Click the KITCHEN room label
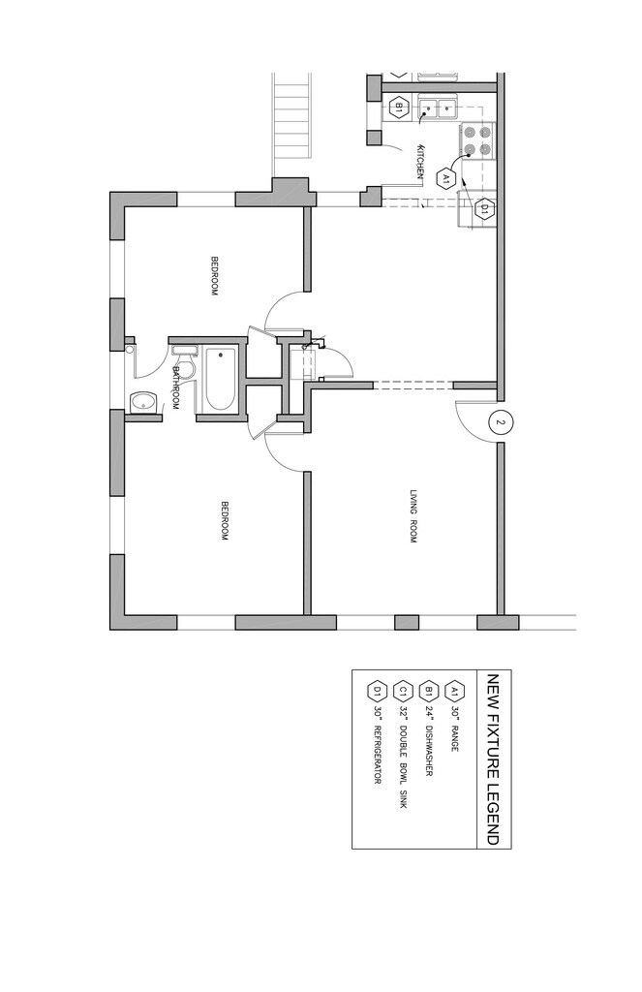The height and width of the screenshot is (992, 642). [x=420, y=160]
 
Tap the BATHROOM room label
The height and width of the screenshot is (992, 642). [x=176, y=387]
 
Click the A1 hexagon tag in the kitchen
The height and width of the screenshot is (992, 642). [x=445, y=179]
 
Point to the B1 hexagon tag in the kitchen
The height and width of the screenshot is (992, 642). [x=396, y=108]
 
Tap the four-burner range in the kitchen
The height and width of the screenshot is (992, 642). [x=475, y=141]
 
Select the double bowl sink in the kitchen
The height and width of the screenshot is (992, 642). [x=439, y=108]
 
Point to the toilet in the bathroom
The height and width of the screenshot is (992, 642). [x=184, y=354]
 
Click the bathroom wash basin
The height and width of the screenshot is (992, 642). [x=144, y=401]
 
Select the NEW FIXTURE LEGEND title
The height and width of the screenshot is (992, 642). [x=492, y=759]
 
